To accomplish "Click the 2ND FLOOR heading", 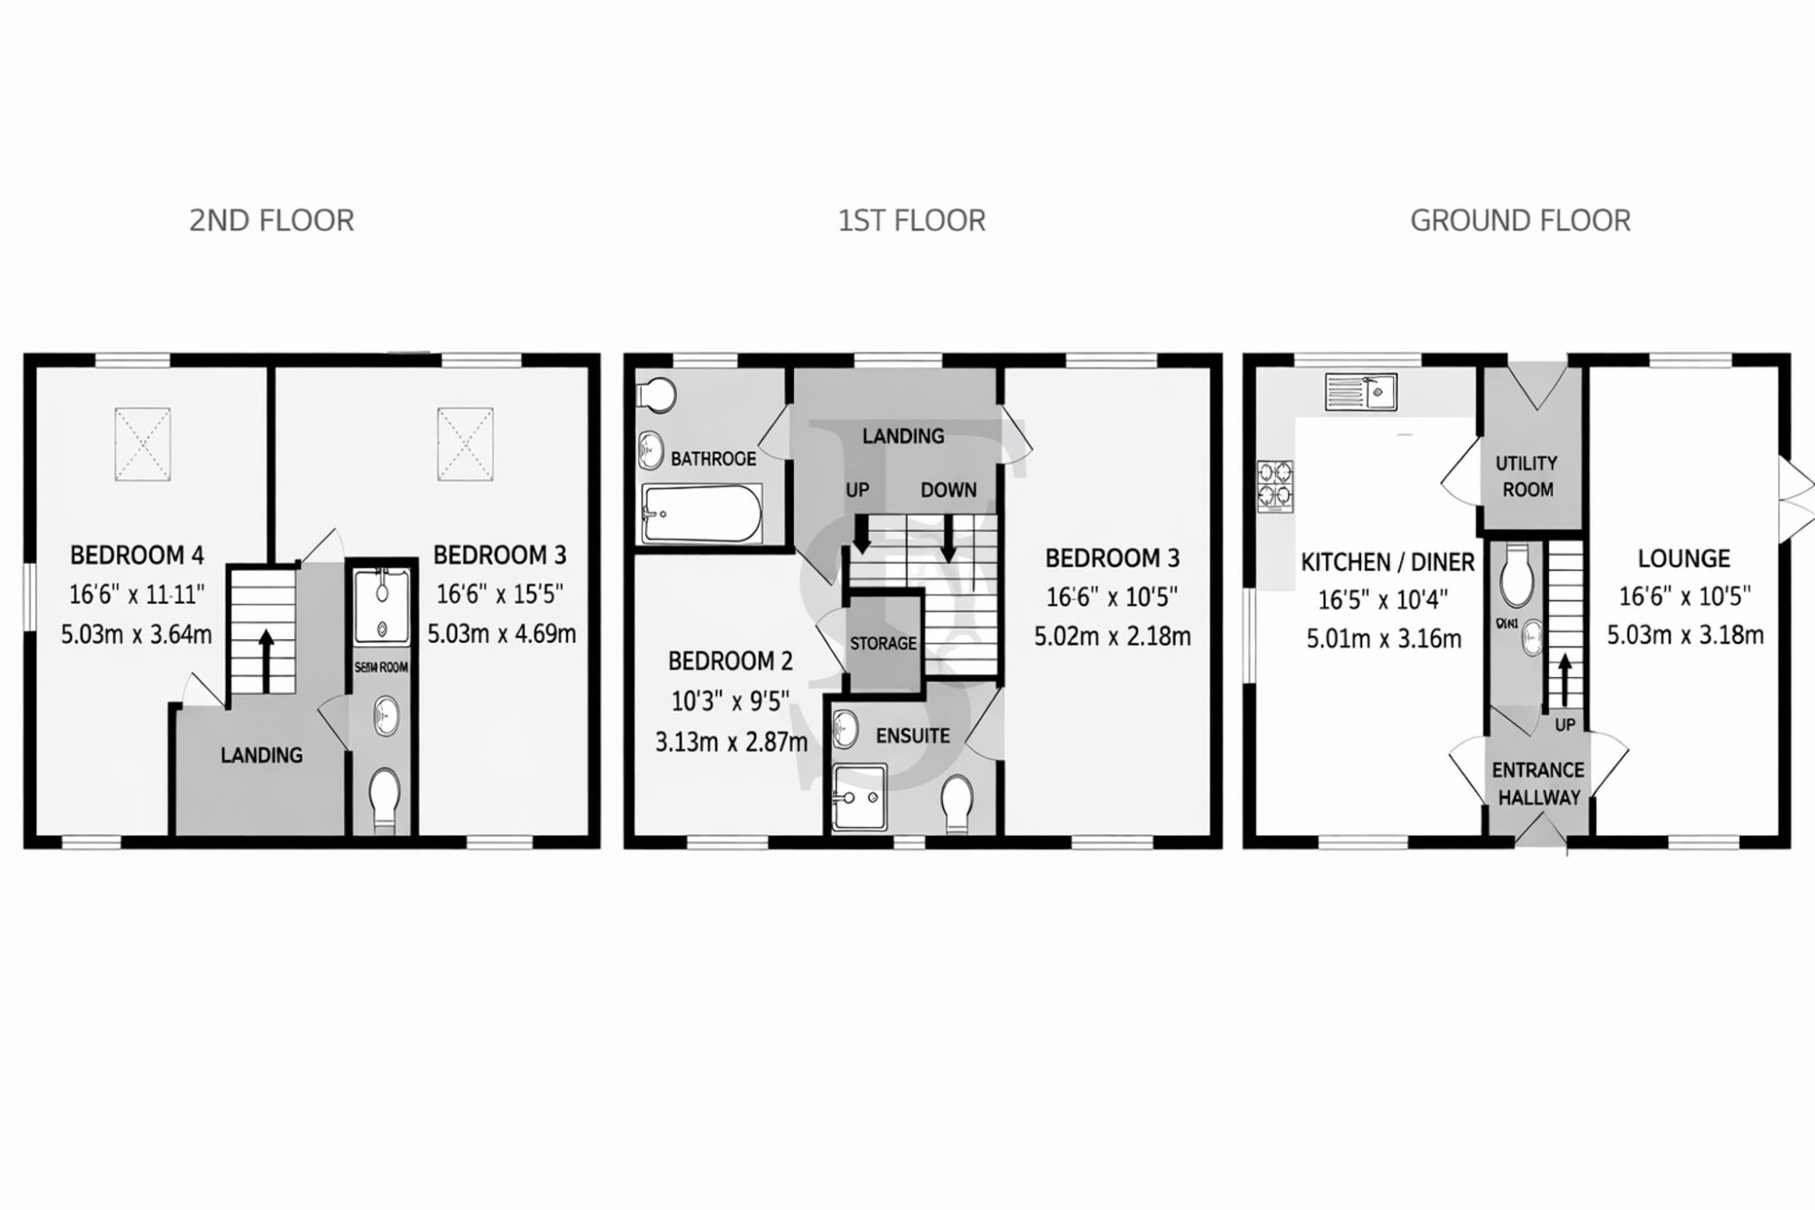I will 271,221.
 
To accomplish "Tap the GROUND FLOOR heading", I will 1520,221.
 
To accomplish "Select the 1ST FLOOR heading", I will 911,221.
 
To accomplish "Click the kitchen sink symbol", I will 1360,392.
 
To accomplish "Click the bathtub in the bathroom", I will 701,513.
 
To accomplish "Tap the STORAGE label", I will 883,644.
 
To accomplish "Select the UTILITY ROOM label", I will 1527,477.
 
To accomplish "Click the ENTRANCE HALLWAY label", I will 1538,783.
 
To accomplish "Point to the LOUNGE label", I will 1683,558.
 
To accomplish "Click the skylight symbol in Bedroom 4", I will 142,444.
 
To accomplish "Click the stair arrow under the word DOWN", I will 948,543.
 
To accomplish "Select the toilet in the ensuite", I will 957,802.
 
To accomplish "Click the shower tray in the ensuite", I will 858,797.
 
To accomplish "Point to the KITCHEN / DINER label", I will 1388,563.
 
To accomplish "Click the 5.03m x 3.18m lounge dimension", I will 1685,635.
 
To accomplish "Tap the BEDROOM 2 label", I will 730,661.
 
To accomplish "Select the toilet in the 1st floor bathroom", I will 658,395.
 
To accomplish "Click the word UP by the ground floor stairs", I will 1565,725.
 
